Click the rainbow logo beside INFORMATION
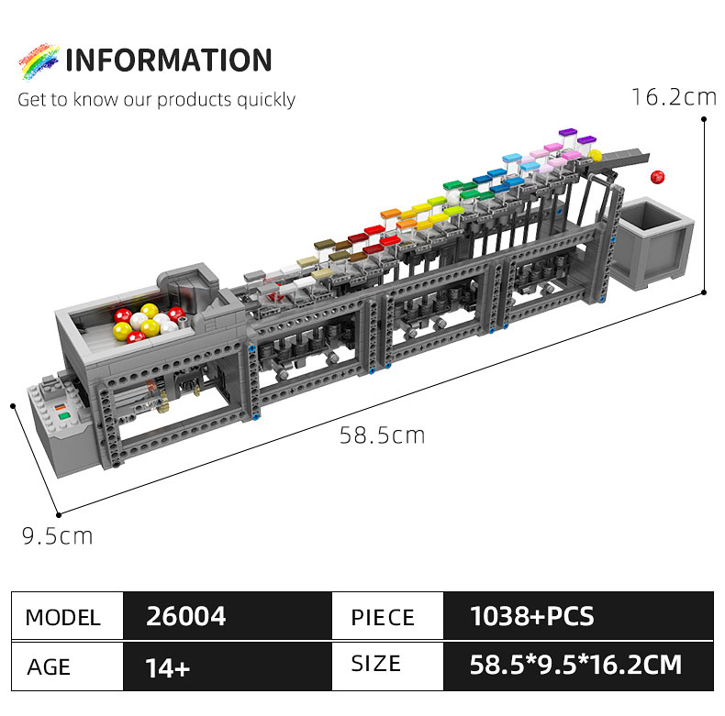pyautogui.click(x=37, y=61)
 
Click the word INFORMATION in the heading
pyautogui.click(x=169, y=61)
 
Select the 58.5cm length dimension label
pyautogui.click(x=382, y=435)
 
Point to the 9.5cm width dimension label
pyautogui.click(x=57, y=535)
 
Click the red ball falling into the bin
pyautogui.click(x=657, y=176)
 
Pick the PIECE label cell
pyautogui.click(x=383, y=617)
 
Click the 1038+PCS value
pyautogui.click(x=531, y=616)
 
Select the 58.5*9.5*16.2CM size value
pyautogui.click(x=575, y=665)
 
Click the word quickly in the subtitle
pyautogui.click(x=266, y=99)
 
